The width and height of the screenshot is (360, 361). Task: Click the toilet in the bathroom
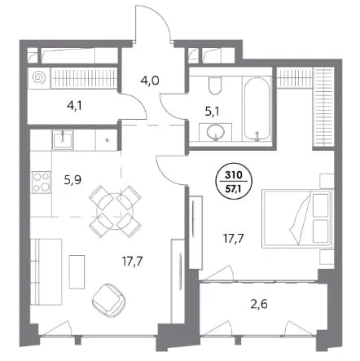tap(215, 85)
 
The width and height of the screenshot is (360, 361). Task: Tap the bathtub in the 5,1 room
tap(257, 108)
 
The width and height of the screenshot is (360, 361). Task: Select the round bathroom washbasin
tap(216, 132)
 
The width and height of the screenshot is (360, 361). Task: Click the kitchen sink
tap(63, 139)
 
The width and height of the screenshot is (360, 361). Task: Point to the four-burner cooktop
tap(41, 182)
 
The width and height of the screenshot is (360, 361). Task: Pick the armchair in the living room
tap(109, 301)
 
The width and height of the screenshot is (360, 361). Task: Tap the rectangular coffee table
tap(77, 271)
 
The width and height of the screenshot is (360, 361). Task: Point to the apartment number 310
tap(234, 175)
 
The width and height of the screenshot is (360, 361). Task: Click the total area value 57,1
tap(234, 188)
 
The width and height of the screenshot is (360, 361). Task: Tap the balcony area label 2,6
tap(259, 305)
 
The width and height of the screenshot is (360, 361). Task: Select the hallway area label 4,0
tap(150, 81)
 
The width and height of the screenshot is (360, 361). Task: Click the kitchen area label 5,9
tap(72, 180)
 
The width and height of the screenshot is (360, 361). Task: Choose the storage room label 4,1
tap(74, 105)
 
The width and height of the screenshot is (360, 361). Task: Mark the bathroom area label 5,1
tap(213, 112)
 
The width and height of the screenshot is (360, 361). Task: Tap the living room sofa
tap(46, 271)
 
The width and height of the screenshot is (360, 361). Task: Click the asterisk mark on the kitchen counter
tap(108, 140)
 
